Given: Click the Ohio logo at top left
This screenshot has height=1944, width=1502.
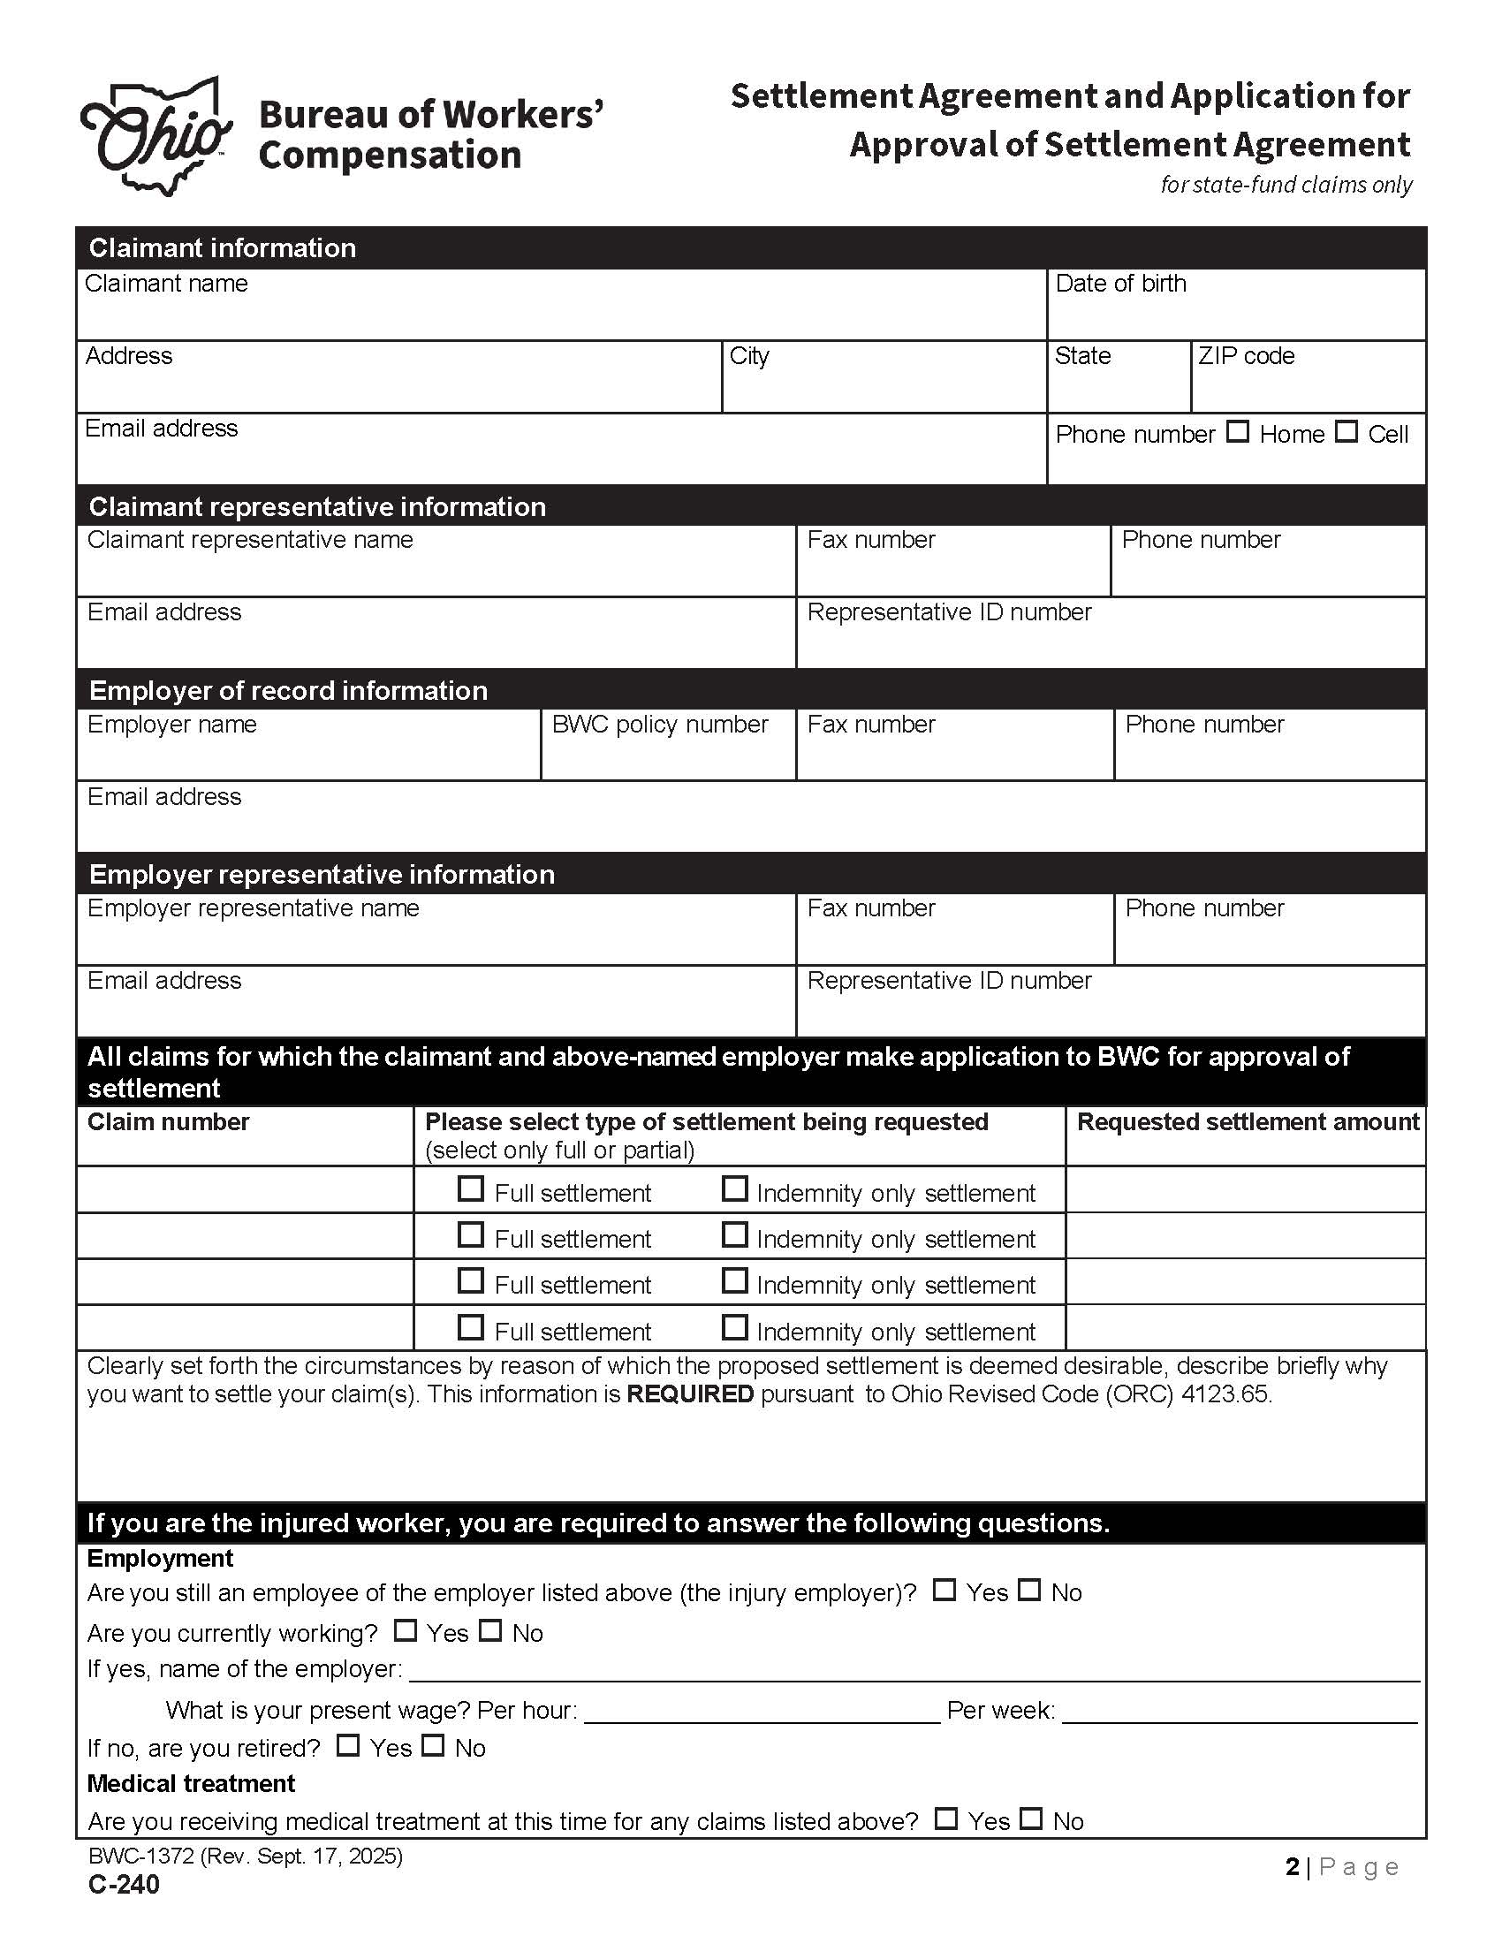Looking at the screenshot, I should point(156,136).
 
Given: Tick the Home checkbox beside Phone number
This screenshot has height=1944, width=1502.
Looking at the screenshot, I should point(1237,432).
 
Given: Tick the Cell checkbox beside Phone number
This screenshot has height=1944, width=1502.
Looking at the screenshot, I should point(1346,432).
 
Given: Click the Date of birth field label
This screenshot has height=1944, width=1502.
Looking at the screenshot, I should point(1119,283).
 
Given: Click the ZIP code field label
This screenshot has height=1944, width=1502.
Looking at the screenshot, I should point(1245,356).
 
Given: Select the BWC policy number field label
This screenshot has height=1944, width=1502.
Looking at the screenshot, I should point(659,725).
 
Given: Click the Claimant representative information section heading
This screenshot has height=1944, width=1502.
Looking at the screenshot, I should point(317,506).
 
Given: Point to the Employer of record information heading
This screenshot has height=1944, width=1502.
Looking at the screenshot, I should point(288,691).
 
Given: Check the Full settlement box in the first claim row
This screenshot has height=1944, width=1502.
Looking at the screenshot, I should point(471,1189).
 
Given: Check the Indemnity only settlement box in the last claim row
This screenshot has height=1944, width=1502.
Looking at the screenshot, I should point(734,1328).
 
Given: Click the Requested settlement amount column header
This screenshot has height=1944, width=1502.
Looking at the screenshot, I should point(1248,1121).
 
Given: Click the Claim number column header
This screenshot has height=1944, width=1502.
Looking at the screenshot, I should point(168,1121).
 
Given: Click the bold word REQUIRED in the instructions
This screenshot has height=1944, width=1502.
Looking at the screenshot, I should point(690,1393).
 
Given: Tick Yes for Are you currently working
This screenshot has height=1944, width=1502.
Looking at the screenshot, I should point(405,1630).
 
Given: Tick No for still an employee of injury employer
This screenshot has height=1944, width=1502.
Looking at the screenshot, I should point(1029,1590).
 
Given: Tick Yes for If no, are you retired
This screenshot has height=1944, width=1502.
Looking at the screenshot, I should point(348,1745).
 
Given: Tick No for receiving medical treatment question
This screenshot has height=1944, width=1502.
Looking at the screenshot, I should point(1030,1819).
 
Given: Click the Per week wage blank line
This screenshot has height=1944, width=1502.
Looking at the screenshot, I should point(1239,1711).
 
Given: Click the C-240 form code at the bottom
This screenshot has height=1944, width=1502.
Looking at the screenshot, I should point(124,1886).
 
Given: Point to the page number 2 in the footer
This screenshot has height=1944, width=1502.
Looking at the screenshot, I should point(1292,1866).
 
